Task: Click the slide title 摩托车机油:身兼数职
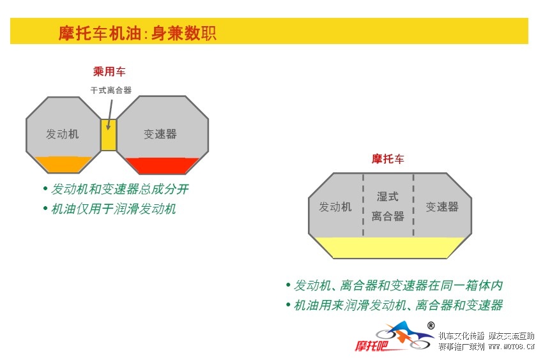pos(137,33)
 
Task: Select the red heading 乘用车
pos(109,72)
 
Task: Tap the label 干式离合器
pos(111,91)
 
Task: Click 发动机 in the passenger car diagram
pos(63,134)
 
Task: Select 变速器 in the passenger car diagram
pos(160,134)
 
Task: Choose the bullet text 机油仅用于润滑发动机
pos(113,209)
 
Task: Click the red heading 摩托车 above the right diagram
pos(388,159)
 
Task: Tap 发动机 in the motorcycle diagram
pos(335,207)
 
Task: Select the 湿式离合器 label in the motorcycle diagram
pos(388,206)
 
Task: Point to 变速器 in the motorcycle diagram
pos(442,207)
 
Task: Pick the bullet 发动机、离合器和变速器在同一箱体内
pos(398,285)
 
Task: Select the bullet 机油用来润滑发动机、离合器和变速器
pos(398,305)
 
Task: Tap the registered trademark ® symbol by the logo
pos(431,326)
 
